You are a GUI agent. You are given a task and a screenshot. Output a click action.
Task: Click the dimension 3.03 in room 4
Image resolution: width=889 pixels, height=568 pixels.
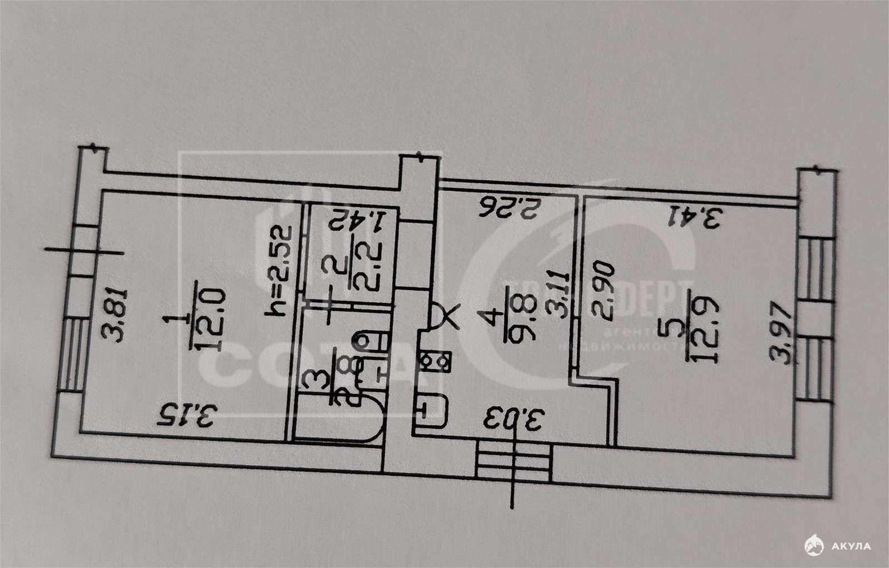[x=515, y=421]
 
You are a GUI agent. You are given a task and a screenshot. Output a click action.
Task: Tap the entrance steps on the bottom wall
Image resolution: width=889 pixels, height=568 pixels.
[x=514, y=461]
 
